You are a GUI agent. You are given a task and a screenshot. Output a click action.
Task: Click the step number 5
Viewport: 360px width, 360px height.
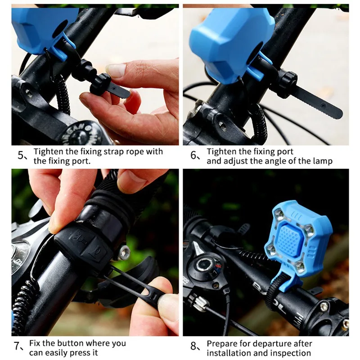point(20,156)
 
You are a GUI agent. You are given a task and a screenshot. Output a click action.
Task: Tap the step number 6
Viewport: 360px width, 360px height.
point(193,155)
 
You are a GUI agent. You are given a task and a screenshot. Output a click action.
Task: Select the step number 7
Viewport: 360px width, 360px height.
point(17,346)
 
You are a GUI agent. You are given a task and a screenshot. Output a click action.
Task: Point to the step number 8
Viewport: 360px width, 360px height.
point(193,346)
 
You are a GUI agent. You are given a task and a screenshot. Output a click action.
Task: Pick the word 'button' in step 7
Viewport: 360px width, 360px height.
point(71,343)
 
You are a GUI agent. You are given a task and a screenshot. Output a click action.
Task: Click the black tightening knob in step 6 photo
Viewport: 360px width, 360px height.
point(287,85)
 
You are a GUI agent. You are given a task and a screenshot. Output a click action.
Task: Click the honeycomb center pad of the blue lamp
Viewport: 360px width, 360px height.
point(289,239)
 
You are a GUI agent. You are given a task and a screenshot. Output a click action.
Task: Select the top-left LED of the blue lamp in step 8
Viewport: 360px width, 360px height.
point(280,215)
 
